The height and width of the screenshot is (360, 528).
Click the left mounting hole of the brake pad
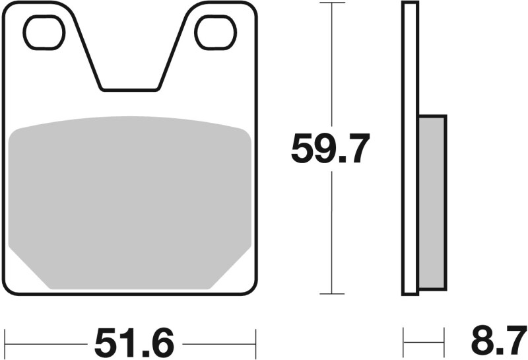tap(44, 32)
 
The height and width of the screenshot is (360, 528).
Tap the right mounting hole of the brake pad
tap(215, 32)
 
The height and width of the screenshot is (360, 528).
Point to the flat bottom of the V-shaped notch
tap(129, 89)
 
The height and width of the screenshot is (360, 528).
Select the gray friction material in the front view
tap(129, 198)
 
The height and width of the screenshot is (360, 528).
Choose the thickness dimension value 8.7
tap(499, 343)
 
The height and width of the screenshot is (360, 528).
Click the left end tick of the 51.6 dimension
tap(5, 343)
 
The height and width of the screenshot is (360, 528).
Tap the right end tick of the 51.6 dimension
tap(255, 343)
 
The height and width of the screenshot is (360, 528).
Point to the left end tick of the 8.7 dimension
tap(404, 343)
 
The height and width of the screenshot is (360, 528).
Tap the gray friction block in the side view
tap(432, 201)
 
